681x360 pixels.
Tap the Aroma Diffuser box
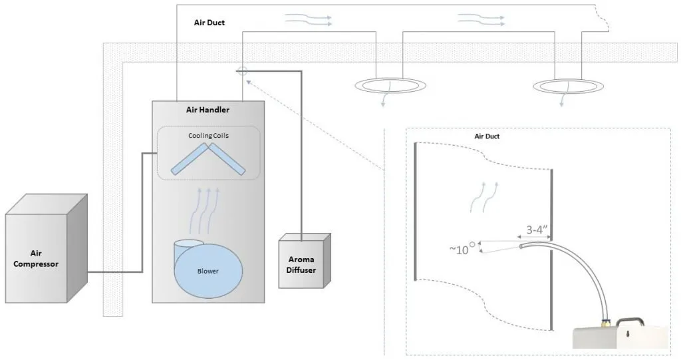303,265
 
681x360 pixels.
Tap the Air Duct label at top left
209,23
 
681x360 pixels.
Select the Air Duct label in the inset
487,136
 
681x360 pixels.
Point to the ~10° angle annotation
463,249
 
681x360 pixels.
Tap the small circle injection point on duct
243,70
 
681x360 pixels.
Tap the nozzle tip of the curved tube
520,247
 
